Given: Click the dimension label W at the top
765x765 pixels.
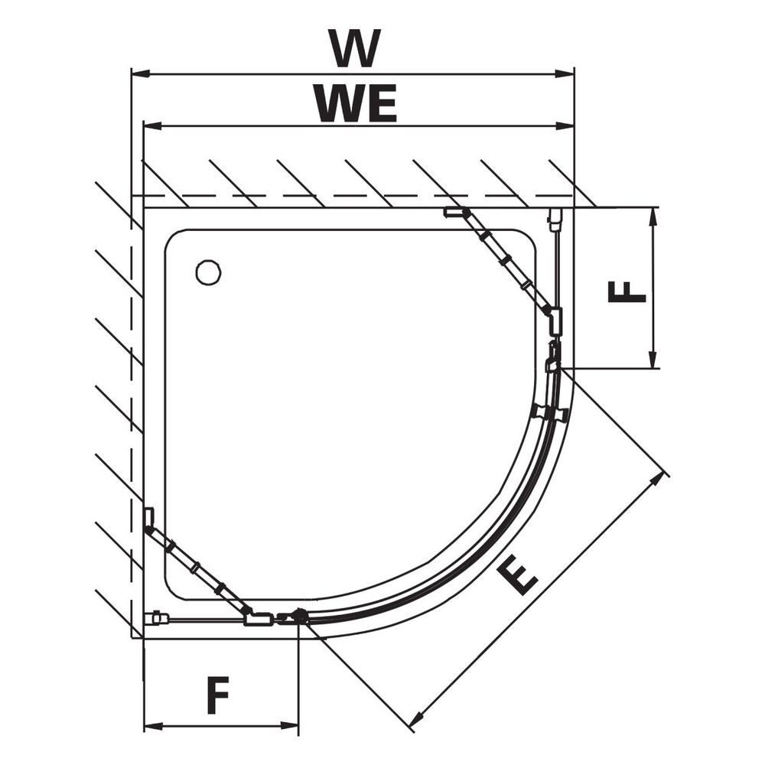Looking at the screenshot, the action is pos(354,48).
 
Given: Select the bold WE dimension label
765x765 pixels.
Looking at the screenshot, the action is pos(356,103).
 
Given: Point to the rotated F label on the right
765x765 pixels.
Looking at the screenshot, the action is pos(627,291).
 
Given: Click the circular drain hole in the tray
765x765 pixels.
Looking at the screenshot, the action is pos(208,273).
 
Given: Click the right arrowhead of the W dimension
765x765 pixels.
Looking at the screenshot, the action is pos(565,73).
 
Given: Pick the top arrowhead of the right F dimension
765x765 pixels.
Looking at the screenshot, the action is pos(653,217).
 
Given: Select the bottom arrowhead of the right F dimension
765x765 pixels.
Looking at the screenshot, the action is pos(653,359).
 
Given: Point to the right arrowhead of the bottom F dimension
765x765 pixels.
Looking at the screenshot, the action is pos(289,726).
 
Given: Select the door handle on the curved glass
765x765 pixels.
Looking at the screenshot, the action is pos(549,413).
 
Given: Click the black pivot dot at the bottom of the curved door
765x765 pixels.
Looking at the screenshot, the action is pos(299,616).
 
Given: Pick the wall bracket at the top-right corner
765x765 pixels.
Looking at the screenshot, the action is pos(554,219).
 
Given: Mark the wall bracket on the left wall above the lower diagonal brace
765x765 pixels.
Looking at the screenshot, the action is pos(149,517).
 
